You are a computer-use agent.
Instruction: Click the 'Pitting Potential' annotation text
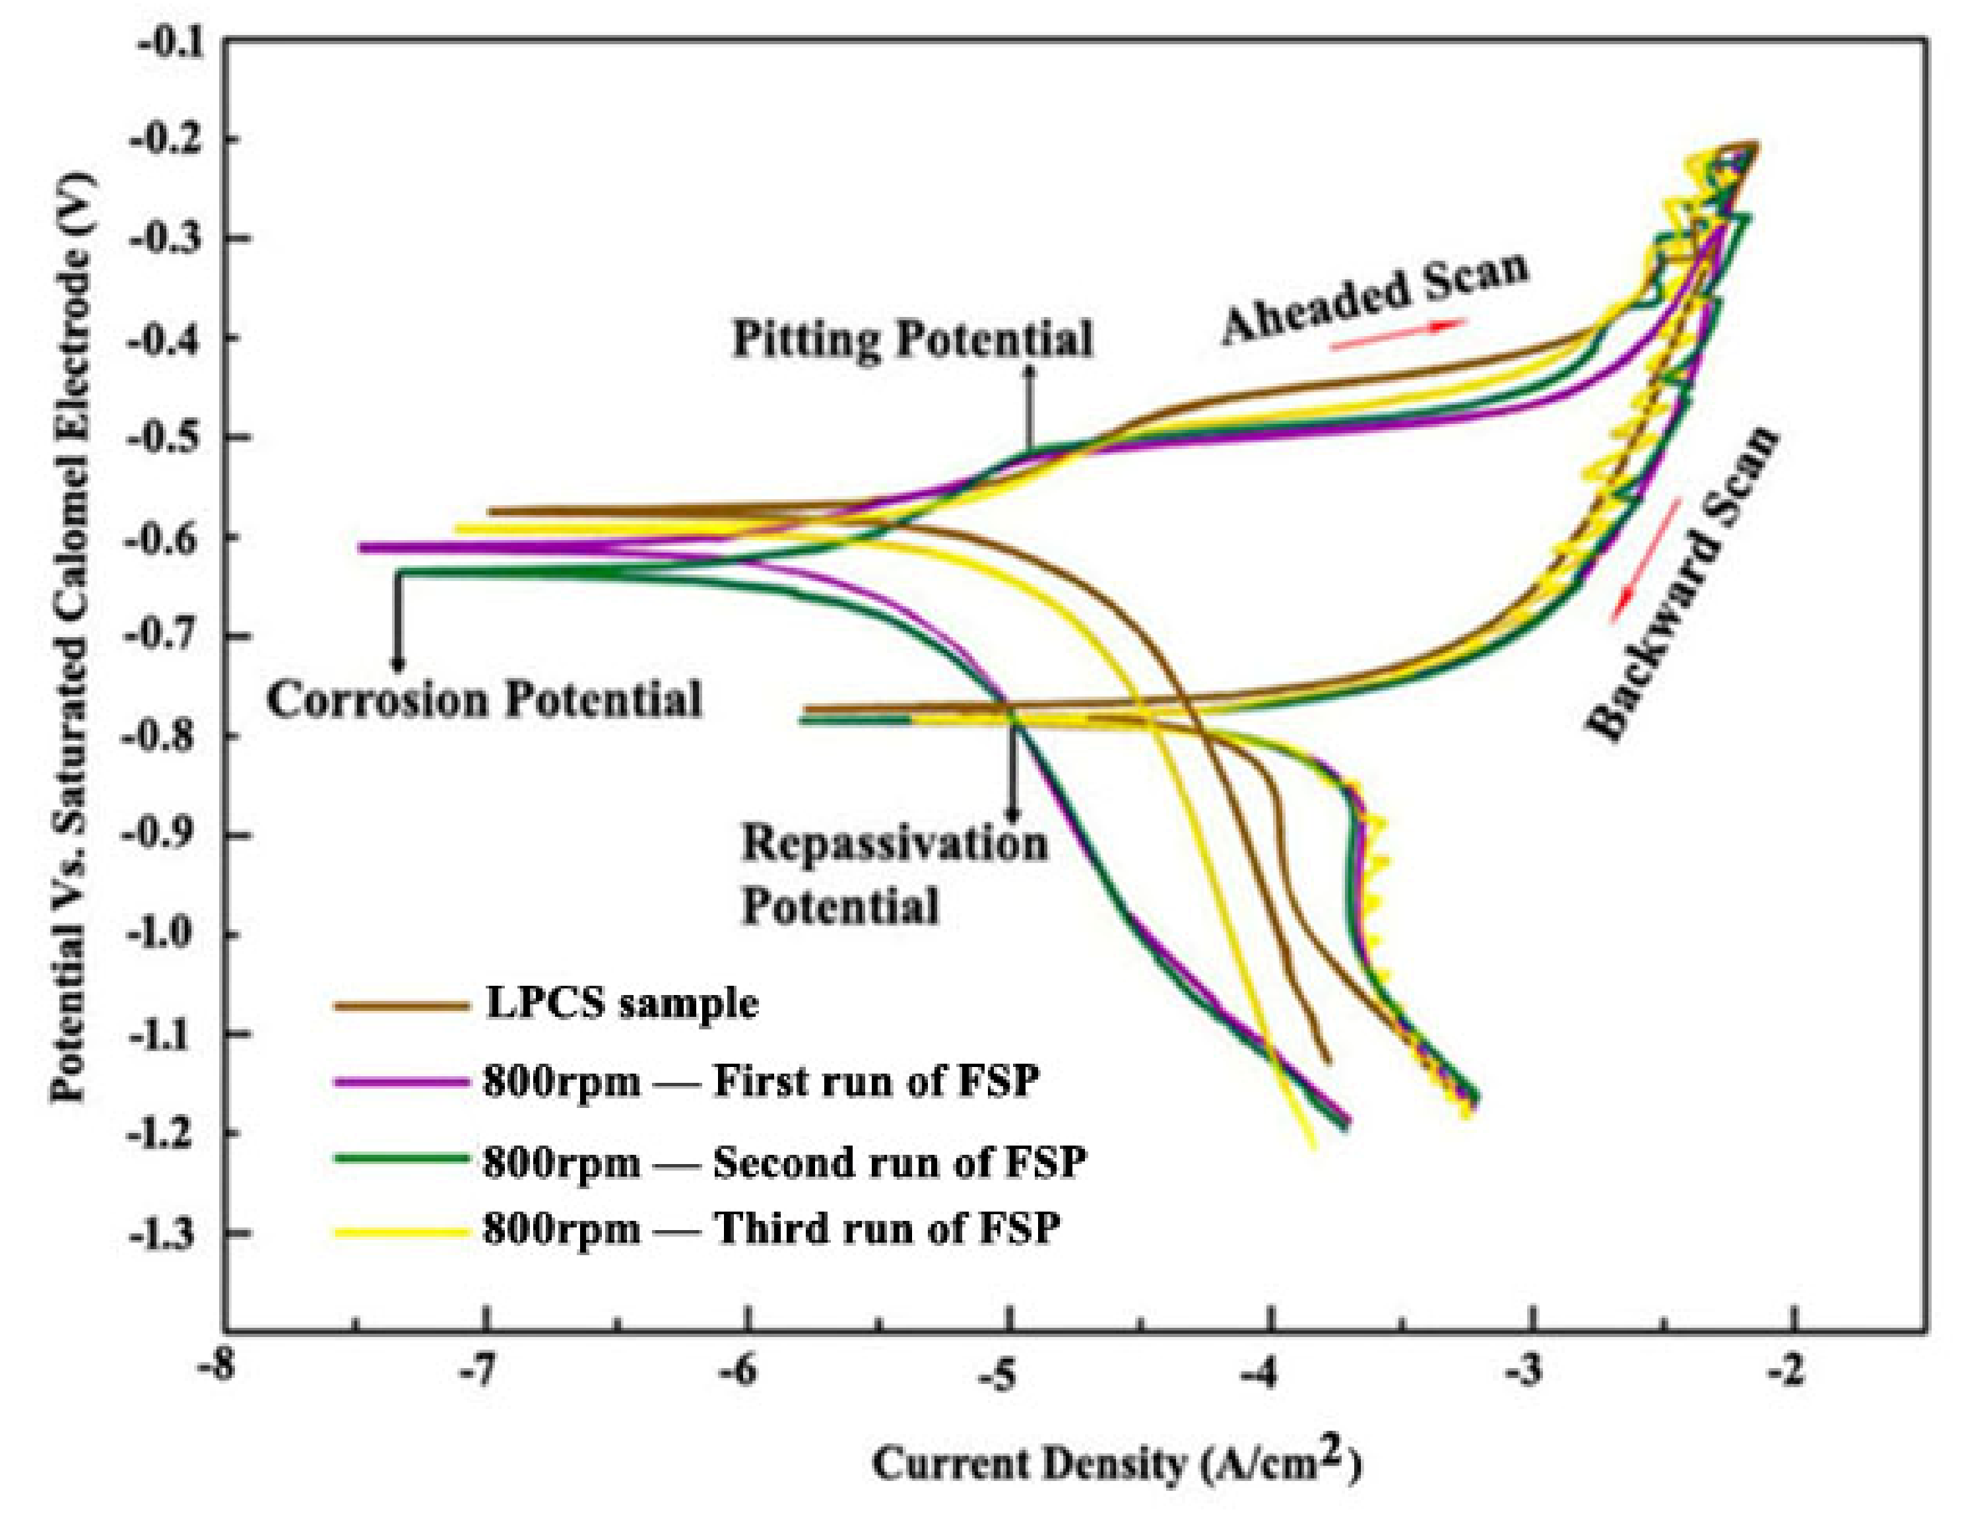pyautogui.click(x=912, y=339)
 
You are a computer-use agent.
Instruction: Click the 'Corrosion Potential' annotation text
pyautogui.click(x=484, y=700)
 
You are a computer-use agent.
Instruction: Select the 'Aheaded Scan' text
pyautogui.click(x=1373, y=298)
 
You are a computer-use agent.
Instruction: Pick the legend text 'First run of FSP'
pyautogui.click(x=877, y=1080)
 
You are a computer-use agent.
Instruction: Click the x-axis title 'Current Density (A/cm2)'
pyautogui.click(x=1116, y=1462)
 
